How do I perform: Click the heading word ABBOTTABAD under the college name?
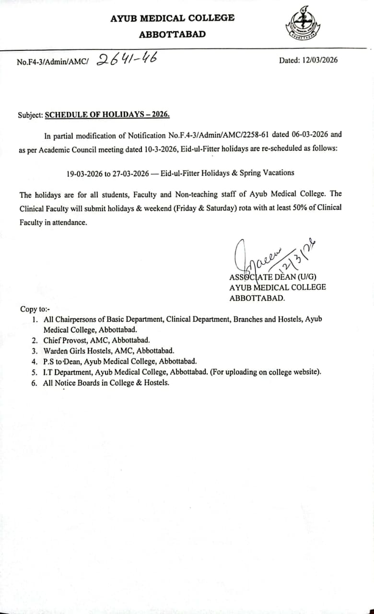(x=172, y=35)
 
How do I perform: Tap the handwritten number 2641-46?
(x=127, y=59)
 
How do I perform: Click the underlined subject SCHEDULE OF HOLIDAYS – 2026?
(x=107, y=115)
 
